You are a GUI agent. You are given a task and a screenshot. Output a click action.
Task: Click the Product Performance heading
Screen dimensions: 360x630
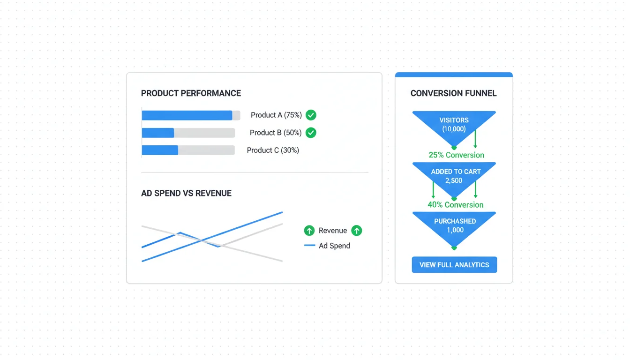(x=191, y=93)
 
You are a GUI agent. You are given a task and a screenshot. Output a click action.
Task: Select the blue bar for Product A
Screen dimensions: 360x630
(x=187, y=115)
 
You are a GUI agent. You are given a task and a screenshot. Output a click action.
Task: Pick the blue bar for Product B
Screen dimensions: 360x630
(x=158, y=133)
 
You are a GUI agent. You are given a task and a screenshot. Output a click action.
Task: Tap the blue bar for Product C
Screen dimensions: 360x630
(x=160, y=150)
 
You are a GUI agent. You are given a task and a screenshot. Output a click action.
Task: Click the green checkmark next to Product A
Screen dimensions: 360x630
(x=311, y=115)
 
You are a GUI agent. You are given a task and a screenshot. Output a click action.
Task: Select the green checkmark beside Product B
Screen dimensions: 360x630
(x=311, y=133)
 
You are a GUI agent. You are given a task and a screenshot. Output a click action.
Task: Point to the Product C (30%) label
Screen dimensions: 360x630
(x=273, y=150)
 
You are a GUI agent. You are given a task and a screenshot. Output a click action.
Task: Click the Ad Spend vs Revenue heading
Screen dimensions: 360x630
(x=186, y=193)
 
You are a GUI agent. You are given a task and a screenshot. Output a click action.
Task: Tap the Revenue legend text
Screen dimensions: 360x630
(x=333, y=231)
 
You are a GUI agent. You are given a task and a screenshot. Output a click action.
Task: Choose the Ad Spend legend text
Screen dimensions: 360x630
(x=334, y=246)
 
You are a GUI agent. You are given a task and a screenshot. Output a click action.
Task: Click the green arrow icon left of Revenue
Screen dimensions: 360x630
(x=309, y=231)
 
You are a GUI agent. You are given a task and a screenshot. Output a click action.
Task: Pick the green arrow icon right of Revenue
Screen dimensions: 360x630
(x=357, y=231)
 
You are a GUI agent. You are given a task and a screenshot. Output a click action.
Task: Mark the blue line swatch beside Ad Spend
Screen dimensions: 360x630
(x=309, y=246)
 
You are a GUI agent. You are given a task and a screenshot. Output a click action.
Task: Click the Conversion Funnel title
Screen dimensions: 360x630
(x=453, y=93)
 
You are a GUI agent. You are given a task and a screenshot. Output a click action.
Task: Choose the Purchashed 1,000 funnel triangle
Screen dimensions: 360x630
(x=454, y=226)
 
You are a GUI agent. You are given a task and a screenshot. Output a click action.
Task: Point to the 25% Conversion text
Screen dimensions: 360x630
(x=456, y=155)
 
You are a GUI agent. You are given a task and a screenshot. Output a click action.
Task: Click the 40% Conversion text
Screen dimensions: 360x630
(x=455, y=205)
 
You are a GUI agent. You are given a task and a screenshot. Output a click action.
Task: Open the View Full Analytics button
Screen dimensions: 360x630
(x=454, y=265)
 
